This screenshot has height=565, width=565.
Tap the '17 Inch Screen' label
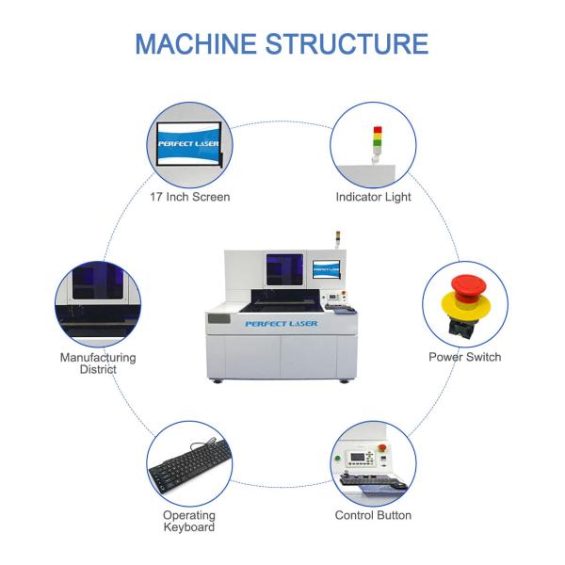pos(189,198)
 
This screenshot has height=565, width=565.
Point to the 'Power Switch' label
pos(464,357)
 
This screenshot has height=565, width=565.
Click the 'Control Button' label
pos(373,515)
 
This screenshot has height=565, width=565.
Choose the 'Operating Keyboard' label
pos(189,521)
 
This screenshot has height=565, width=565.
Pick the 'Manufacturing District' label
pos(98,363)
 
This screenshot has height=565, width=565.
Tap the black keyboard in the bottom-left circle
pos(188,466)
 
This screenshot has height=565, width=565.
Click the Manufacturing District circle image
pos(98,300)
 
